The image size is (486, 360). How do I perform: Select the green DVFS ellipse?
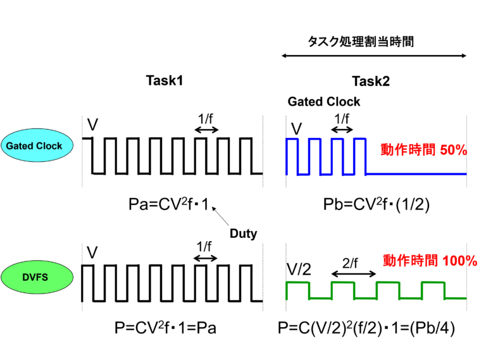37,277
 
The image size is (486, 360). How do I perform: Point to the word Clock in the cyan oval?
49,146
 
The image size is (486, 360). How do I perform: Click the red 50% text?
453,151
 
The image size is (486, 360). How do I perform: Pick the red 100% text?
459,261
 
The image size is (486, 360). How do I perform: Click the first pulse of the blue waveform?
292,139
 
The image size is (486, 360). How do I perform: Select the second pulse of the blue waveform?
315,139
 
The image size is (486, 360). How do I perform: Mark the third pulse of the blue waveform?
337,139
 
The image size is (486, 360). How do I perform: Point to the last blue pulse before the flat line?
359,139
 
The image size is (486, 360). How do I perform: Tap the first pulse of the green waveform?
297,282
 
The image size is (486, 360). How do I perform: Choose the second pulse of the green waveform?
342,282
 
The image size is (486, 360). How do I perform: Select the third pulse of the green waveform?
387,282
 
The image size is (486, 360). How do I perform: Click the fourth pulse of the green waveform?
433,282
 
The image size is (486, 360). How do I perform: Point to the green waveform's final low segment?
456,298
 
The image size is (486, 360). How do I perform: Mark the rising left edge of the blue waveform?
286,156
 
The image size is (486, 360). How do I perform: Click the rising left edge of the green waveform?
286,291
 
